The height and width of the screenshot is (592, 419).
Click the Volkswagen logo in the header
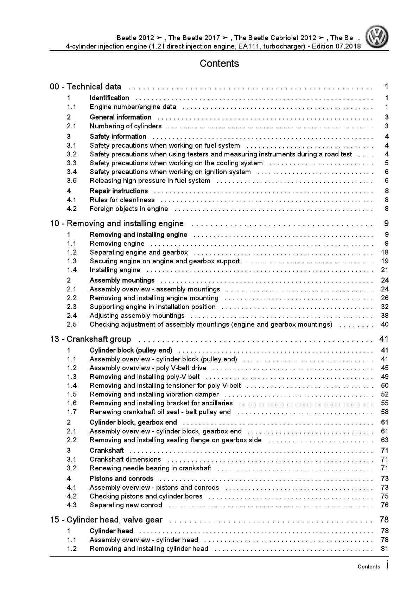(x=377, y=37)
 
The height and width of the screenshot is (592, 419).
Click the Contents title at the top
(x=219, y=64)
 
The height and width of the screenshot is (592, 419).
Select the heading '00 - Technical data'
(x=86, y=87)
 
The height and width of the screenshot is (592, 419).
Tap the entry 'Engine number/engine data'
(x=133, y=107)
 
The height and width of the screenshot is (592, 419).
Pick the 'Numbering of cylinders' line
(x=126, y=126)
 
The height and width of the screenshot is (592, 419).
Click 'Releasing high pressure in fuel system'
(x=150, y=181)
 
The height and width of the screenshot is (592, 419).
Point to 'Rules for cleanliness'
(x=122, y=200)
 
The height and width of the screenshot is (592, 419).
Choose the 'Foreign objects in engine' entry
(x=129, y=209)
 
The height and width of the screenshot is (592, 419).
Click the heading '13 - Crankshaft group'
(x=91, y=339)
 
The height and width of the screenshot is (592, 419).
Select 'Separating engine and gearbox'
(x=139, y=252)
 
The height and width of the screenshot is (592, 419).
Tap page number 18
(x=385, y=252)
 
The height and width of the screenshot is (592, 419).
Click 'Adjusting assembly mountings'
(x=137, y=316)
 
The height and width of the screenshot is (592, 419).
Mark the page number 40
(x=385, y=324)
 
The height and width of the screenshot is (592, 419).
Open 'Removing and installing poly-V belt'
(x=145, y=377)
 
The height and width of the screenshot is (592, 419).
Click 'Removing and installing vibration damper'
(x=154, y=394)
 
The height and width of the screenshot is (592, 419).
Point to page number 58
(x=385, y=412)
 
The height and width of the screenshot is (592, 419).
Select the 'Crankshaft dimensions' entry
(x=125, y=459)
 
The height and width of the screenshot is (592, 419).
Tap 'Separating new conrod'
(x=126, y=505)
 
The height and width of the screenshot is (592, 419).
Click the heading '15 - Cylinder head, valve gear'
(x=106, y=520)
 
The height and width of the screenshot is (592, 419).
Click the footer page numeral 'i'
(x=387, y=565)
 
